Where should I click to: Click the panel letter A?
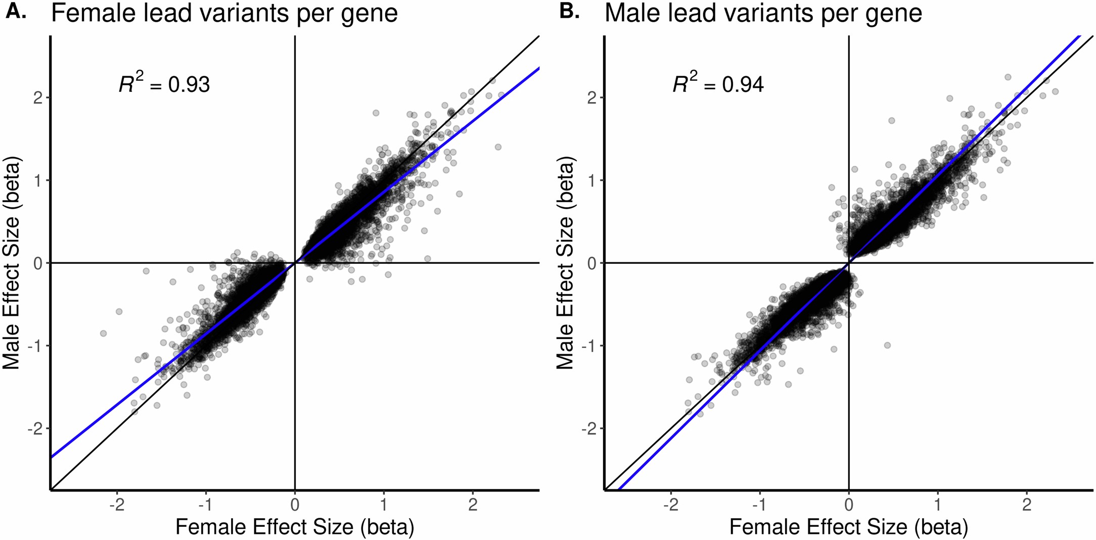15,12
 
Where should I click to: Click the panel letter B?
569,12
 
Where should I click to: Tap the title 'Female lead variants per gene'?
224,14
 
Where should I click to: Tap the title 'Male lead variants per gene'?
763,14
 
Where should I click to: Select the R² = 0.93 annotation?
164,84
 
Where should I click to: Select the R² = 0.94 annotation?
718,84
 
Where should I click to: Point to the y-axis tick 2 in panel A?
38,97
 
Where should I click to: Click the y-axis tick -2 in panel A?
34,429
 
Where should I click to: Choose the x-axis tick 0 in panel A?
295,505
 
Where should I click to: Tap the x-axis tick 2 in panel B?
1026,505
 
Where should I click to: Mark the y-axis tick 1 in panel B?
591,180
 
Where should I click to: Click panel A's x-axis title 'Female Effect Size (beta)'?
295,527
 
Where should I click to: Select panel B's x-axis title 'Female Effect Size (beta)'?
848,527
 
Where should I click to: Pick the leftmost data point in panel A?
103,333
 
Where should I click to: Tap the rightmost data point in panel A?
501,95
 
